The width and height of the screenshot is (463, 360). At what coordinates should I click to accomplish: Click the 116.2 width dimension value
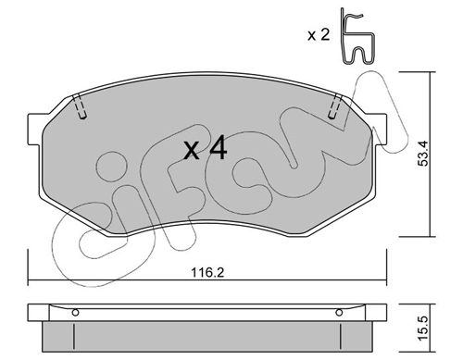(x=207, y=273)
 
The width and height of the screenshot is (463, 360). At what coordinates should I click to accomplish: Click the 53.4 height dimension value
(x=423, y=154)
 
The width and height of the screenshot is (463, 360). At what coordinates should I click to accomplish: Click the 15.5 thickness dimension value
(x=423, y=329)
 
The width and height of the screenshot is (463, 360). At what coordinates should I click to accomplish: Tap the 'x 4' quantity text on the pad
(x=206, y=150)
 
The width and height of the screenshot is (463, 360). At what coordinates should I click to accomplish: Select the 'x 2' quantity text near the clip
(x=319, y=35)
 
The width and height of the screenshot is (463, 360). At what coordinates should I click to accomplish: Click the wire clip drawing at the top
(x=357, y=36)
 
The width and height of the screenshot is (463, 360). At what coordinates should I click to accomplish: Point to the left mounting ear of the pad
(x=35, y=129)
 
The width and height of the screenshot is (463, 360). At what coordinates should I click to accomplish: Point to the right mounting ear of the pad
(x=380, y=129)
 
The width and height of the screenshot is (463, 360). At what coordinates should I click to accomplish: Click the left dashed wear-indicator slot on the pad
(x=80, y=106)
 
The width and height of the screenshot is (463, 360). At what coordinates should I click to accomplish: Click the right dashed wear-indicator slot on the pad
(x=335, y=106)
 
